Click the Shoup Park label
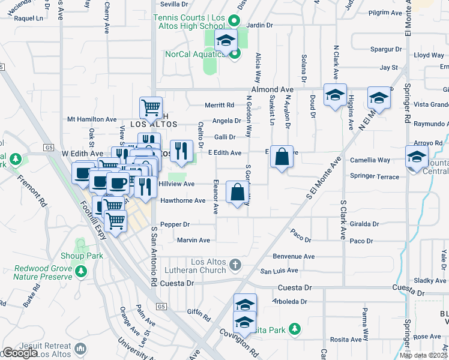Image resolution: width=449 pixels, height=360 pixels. pos(86,256)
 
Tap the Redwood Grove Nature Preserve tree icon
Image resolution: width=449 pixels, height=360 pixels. pos(80,273)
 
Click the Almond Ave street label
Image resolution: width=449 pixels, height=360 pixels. pos(273,88)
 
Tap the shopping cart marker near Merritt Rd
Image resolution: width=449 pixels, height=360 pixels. pos(151,109)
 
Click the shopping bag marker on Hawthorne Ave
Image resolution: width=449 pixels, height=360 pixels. pos(237,193)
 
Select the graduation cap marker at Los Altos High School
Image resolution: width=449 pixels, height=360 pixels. pos(226,42)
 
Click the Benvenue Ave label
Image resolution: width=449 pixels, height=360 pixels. pos(294,256)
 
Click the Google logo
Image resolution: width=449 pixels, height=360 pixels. pos(20,353)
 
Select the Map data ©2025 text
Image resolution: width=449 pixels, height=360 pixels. pos(423,355)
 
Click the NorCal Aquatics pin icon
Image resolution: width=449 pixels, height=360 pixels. pos(235,54)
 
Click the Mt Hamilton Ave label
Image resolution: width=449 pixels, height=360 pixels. pos(92,119)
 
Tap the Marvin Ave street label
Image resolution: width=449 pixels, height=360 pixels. pos(193,240)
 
